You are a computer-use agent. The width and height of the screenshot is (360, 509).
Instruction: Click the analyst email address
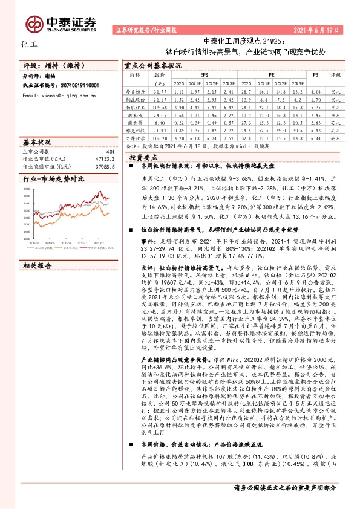(x=57, y=95)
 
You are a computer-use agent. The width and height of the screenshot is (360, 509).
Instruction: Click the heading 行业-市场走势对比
(x=53, y=180)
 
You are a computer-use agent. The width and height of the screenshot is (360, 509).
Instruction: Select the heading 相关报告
(x=38, y=248)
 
